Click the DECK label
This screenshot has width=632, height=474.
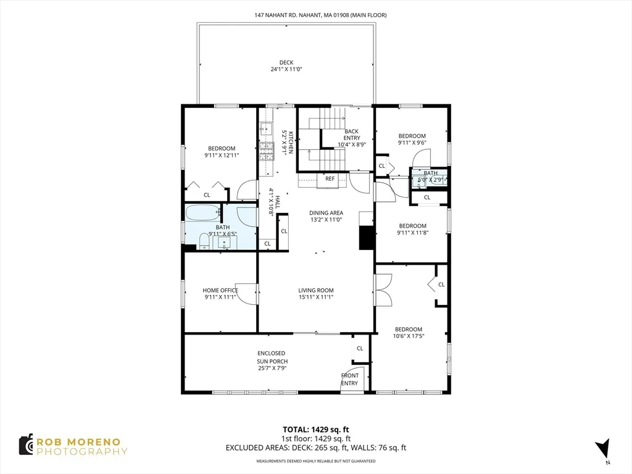click(x=286, y=62)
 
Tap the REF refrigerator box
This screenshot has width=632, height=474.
click(x=330, y=179)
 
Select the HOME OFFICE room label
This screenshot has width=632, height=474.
click(x=220, y=290)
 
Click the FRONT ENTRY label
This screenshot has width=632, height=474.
click(x=349, y=380)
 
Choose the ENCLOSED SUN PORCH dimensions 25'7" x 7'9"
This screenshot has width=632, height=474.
click(x=272, y=368)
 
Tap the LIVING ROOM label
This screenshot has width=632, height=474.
click(x=316, y=290)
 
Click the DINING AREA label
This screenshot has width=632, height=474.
click(x=326, y=213)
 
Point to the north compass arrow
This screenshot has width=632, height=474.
click(x=604, y=449)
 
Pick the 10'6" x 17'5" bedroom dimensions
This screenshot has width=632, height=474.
click(x=409, y=336)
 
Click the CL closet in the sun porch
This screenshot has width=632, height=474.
click(x=360, y=348)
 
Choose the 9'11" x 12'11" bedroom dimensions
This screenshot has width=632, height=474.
click(x=222, y=156)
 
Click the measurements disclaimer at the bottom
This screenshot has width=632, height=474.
click(x=316, y=461)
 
